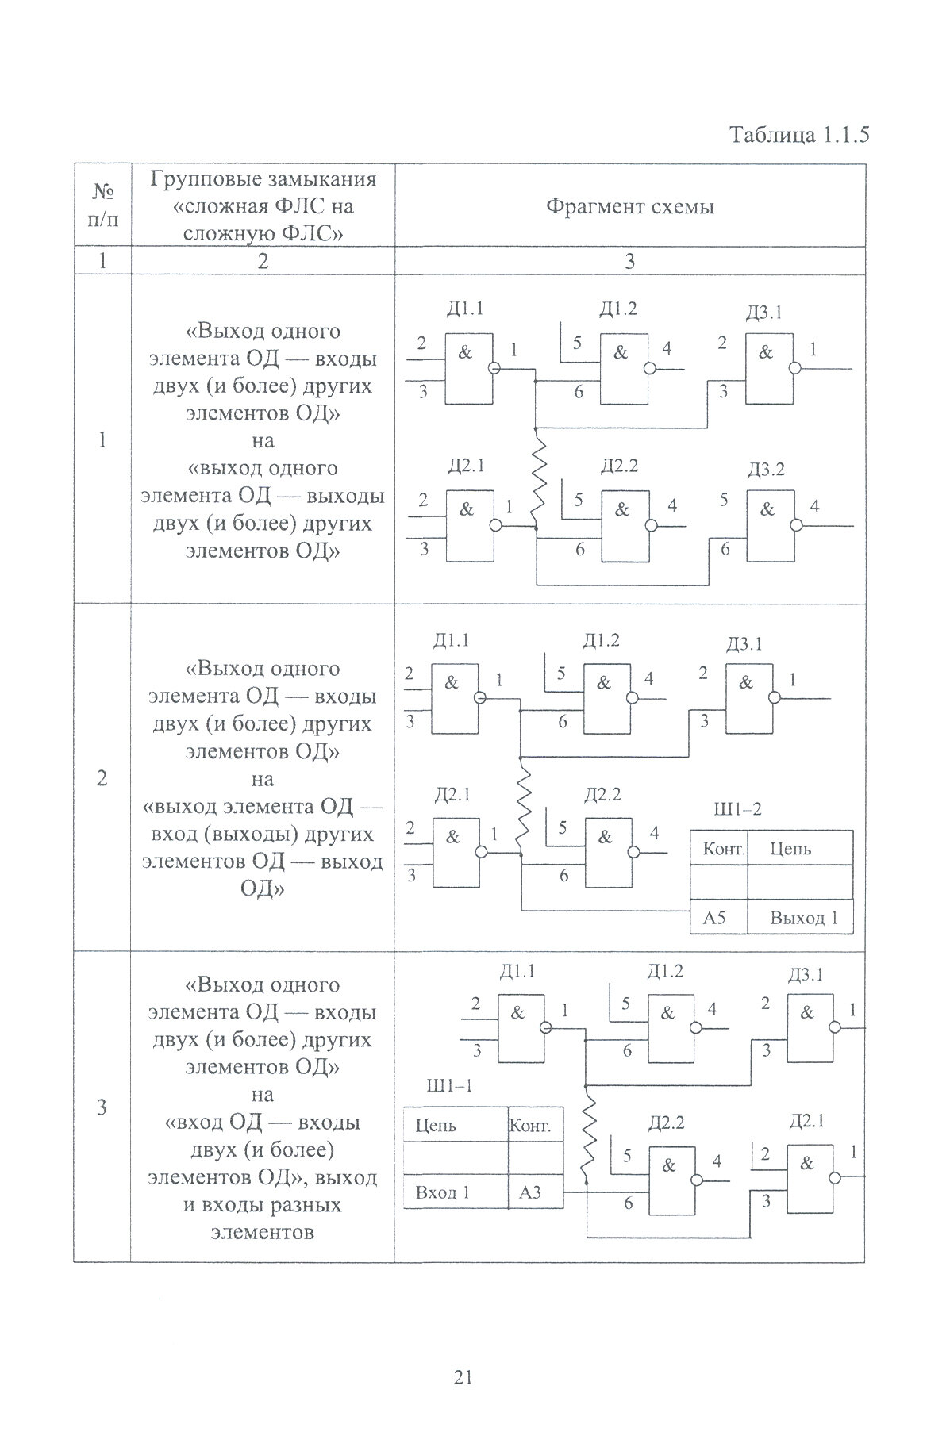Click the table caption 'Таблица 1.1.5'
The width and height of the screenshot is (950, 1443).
click(x=799, y=135)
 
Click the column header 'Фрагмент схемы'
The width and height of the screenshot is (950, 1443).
click(x=629, y=207)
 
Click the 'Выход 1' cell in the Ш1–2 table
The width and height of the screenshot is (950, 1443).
click(x=803, y=919)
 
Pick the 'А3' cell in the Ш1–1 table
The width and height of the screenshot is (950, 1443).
click(x=530, y=1192)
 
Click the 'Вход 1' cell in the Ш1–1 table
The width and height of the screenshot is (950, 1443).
click(x=444, y=1192)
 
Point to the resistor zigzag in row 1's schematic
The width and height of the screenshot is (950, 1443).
click(x=539, y=477)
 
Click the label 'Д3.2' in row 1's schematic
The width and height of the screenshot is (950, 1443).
click(x=765, y=470)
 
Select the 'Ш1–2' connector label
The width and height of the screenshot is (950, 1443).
click(x=738, y=809)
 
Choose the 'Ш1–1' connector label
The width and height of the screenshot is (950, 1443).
click(x=449, y=1086)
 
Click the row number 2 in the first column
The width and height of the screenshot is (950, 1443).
click(x=102, y=778)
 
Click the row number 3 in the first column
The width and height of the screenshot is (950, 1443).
click(x=102, y=1107)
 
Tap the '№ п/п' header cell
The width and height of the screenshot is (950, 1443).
click(x=102, y=206)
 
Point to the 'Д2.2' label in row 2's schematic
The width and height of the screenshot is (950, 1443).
click(x=602, y=794)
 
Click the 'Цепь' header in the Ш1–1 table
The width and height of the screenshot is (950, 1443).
click(x=437, y=1126)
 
